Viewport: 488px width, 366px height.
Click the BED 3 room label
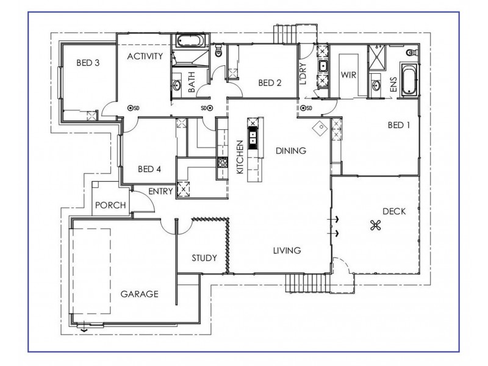(x=88, y=62)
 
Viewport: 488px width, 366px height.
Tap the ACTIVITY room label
(x=145, y=57)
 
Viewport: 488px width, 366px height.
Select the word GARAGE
(x=139, y=293)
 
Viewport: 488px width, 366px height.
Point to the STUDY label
(x=204, y=257)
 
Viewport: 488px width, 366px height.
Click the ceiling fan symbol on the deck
(x=375, y=226)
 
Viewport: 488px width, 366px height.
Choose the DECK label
(x=394, y=211)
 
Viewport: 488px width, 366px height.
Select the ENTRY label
(x=161, y=191)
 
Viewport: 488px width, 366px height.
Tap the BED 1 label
(x=400, y=125)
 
